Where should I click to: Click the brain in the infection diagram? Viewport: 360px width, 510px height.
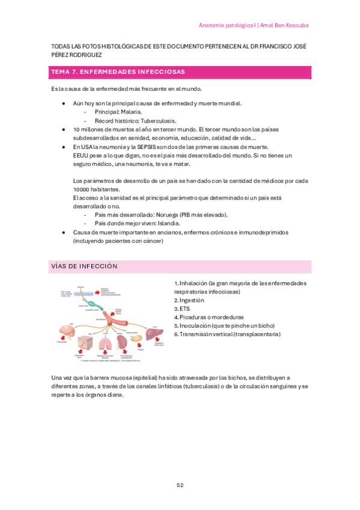[x=65, y=330]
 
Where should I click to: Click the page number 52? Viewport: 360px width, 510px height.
[x=180, y=485]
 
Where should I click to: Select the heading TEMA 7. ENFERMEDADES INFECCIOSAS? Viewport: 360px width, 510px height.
[x=118, y=72]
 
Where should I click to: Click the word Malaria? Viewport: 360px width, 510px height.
[x=132, y=112]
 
